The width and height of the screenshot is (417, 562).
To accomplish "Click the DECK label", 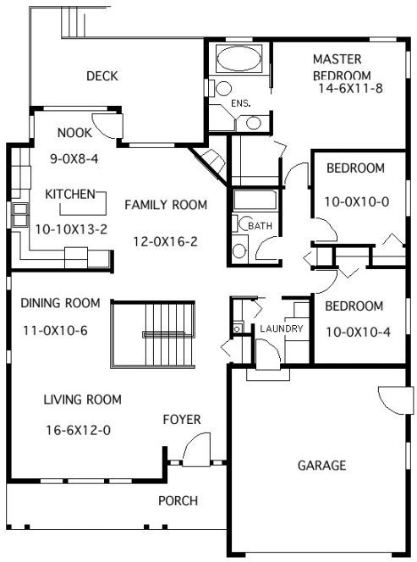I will point(102,76).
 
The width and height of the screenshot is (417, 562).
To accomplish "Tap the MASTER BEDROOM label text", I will point(337,67).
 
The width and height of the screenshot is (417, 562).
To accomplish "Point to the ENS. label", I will point(242,103).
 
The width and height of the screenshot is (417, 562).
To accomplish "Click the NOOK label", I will point(75,132).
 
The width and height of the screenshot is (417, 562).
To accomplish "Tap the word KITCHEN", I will point(69,195).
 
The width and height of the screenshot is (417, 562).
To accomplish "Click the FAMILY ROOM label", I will point(166,205).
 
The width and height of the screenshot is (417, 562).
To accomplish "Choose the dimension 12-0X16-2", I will point(165,241).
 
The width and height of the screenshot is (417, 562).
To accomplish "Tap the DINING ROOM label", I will point(60,303).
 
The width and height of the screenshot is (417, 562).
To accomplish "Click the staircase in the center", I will point(153,331).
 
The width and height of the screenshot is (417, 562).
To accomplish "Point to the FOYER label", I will point(182,420).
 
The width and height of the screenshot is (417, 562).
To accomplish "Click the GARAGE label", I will point(321,466).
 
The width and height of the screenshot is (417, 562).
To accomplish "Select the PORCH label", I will point(178,501).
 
